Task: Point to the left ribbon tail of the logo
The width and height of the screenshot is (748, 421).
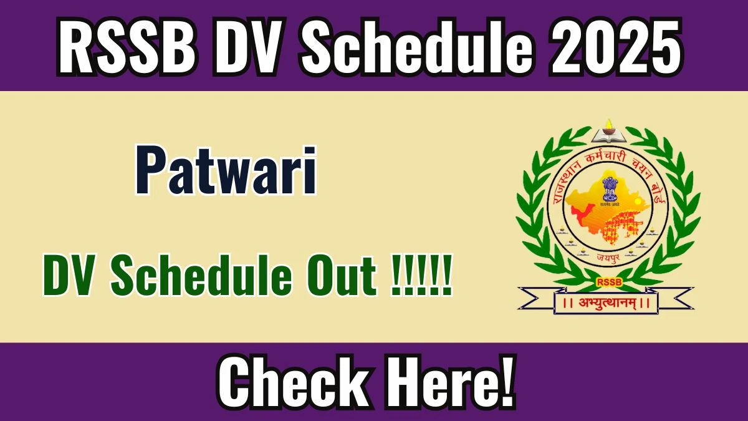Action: pos(536,298)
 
